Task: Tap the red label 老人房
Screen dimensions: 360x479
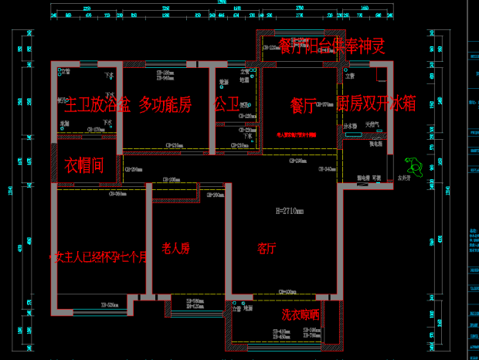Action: tap(175, 249)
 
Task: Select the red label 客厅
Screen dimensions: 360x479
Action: tap(267, 249)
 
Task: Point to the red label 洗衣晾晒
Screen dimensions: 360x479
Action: tap(300, 314)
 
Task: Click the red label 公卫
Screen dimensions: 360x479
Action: tap(226, 104)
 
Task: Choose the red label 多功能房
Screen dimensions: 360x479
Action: tap(165, 104)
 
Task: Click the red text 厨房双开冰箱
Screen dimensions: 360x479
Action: tap(377, 104)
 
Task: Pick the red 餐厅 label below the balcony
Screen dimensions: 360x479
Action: tap(303, 105)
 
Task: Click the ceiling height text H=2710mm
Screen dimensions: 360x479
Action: tap(289, 210)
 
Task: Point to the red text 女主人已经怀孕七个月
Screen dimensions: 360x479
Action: tap(98, 256)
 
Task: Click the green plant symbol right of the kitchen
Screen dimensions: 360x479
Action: tap(413, 165)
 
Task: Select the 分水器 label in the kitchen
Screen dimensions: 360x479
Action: tap(349, 124)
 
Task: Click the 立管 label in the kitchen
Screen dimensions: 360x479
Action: tap(350, 76)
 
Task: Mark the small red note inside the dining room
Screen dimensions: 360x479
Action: tap(297, 134)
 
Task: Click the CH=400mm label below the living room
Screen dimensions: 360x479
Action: tap(287, 292)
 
